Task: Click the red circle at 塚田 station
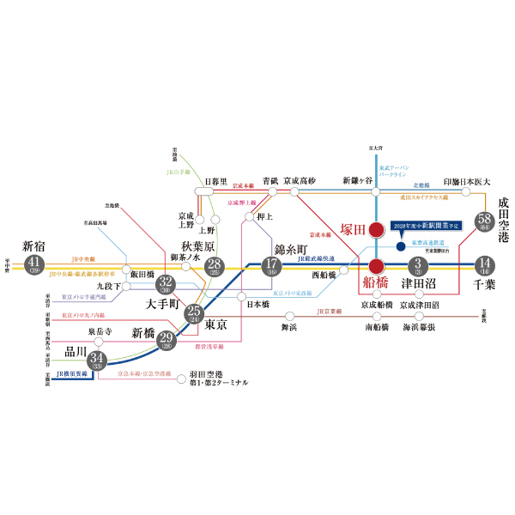[376, 229]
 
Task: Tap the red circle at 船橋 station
[376, 265]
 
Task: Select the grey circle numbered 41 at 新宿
[35, 264]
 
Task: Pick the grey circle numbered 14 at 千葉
[485, 264]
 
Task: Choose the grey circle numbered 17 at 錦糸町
[271, 266]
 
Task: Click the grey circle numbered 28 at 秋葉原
[214, 266]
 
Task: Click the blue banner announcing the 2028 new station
[425, 225]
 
